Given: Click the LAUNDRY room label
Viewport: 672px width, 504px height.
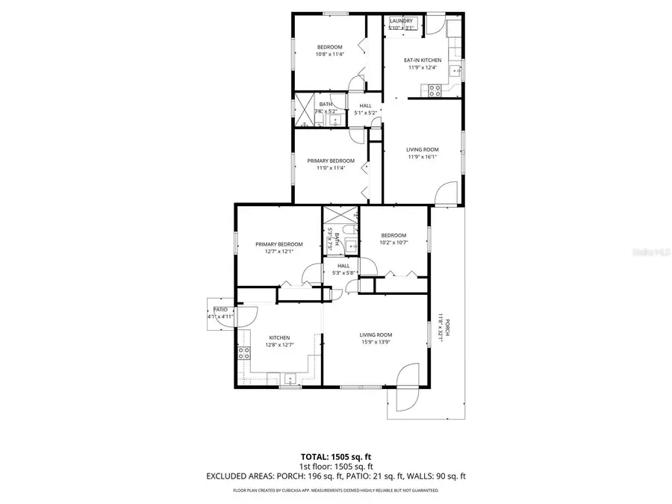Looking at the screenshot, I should pyautogui.click(x=401, y=21).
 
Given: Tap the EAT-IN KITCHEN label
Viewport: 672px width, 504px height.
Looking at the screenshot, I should pyautogui.click(x=423, y=60).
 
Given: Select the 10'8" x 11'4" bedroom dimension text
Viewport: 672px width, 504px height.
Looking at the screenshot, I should pyautogui.click(x=329, y=54).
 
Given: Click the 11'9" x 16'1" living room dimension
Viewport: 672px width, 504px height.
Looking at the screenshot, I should pyautogui.click(x=423, y=157).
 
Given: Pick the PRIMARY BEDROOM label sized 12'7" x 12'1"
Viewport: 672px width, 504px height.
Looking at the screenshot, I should pyautogui.click(x=279, y=244).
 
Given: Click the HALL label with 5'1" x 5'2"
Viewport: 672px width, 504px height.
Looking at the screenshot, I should pyautogui.click(x=365, y=106).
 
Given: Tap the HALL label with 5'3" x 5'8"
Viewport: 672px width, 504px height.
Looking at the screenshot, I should pyautogui.click(x=343, y=266).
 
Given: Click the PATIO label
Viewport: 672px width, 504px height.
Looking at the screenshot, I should pyautogui.click(x=220, y=309).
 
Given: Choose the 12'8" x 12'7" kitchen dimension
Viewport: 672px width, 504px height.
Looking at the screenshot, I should pyautogui.click(x=279, y=345).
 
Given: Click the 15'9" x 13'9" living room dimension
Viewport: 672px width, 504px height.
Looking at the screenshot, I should pyautogui.click(x=376, y=342).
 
